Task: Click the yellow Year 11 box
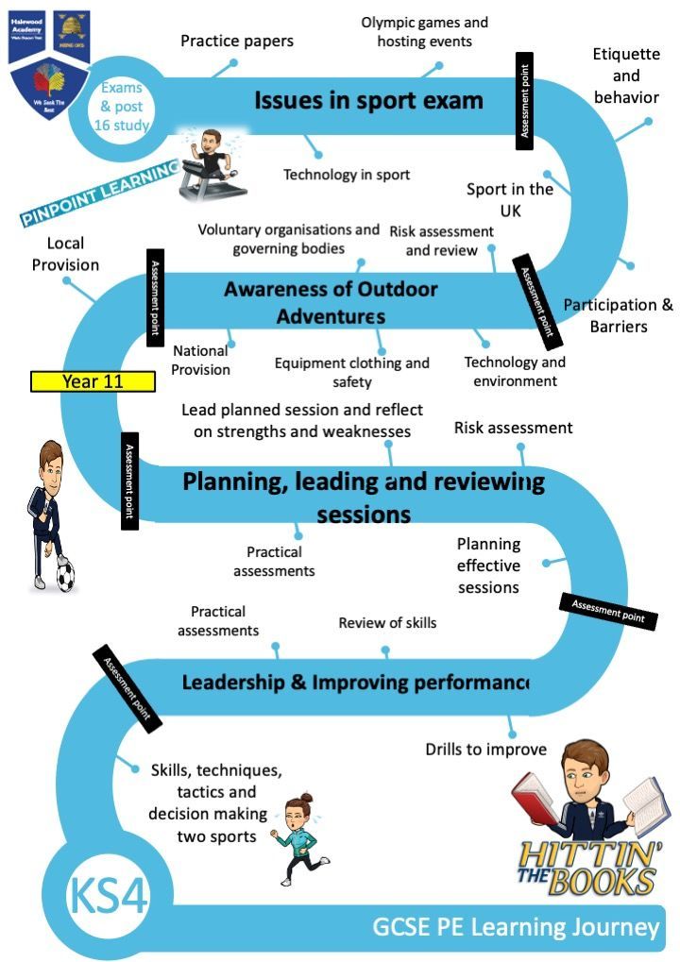(x=93, y=381)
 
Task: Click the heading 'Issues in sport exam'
(x=368, y=101)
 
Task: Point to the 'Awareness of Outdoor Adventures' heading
(x=331, y=302)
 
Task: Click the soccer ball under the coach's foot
(x=65, y=576)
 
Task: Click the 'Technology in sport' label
(x=347, y=175)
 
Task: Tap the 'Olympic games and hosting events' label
(x=424, y=31)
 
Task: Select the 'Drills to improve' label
(x=485, y=750)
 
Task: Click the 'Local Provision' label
(x=65, y=254)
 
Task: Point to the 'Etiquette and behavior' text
(x=625, y=76)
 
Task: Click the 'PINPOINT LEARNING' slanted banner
(x=99, y=194)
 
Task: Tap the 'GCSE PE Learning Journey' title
(x=515, y=928)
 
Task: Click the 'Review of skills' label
(x=387, y=623)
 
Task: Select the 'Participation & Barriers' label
(x=618, y=315)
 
